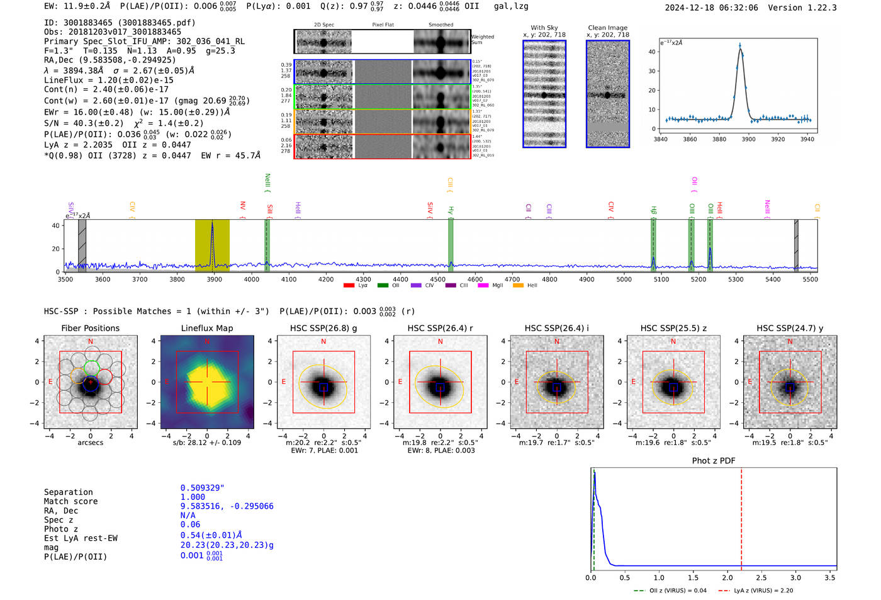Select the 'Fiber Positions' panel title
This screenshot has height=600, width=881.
tap(90, 328)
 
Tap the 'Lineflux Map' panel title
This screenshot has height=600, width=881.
tap(206, 328)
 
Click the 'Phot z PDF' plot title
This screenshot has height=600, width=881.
tap(714, 460)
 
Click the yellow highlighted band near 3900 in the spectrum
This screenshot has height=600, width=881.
tap(212, 246)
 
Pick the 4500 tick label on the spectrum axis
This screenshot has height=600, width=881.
tap(438, 279)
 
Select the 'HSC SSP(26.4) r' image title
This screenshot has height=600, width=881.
tap(440, 328)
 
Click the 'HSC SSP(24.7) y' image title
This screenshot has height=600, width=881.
tap(790, 328)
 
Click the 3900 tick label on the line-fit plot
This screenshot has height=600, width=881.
tap(748, 139)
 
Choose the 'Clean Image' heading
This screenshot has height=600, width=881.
tap(607, 28)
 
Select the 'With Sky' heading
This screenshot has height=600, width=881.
tap(544, 28)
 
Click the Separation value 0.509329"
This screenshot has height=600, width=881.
tap(202, 488)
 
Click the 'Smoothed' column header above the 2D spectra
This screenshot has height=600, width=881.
tap(441, 25)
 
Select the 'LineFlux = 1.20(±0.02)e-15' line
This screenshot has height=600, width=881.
tap(109, 80)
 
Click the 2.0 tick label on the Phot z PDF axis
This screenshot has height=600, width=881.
tap(727, 577)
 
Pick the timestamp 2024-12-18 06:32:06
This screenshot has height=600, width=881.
tap(711, 8)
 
